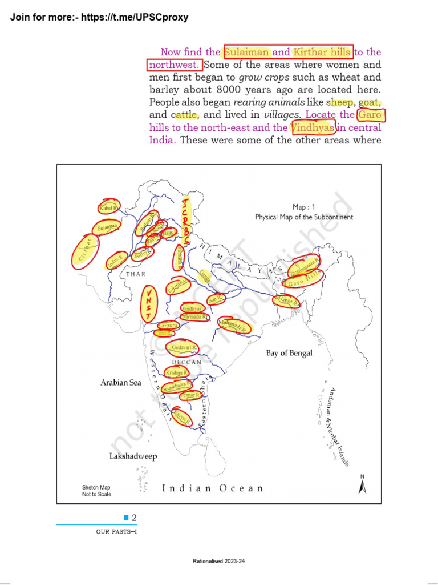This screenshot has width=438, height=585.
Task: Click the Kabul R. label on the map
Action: pyautogui.click(x=107, y=209)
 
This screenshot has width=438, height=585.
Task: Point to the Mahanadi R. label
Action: pyautogui.click(x=233, y=326)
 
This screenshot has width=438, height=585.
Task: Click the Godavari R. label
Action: pyautogui.click(x=184, y=347)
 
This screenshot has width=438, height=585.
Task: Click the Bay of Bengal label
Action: pyautogui.click(x=289, y=353)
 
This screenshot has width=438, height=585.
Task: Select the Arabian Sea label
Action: pyautogui.click(x=121, y=383)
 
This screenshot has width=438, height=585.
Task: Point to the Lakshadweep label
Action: pyautogui.click(x=133, y=456)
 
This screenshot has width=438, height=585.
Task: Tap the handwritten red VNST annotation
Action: pyautogui.click(x=149, y=303)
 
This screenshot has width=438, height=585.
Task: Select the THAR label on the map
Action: pyautogui.click(x=136, y=274)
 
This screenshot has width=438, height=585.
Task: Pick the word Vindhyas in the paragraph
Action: pyautogui.click(x=313, y=127)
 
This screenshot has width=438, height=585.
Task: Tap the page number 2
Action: pyautogui.click(x=134, y=518)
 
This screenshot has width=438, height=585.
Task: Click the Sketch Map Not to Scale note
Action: pyautogui.click(x=96, y=491)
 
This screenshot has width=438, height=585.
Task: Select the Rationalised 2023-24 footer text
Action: pyautogui.click(x=218, y=562)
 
